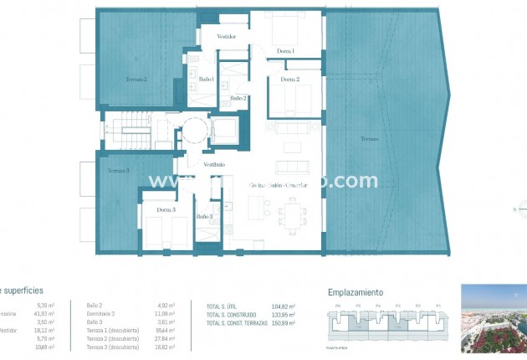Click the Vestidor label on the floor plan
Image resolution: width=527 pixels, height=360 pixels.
coord(226,37)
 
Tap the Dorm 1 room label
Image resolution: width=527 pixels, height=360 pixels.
coord(286,52)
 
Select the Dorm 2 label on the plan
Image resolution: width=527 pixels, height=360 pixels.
coord(289,80)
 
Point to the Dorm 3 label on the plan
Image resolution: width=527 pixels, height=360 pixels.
coord(166,209)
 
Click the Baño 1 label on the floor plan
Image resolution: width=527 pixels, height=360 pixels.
coord(207,80)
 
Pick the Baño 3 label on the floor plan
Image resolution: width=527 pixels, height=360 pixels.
coord(205,217)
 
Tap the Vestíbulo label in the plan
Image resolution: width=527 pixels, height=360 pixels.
coord(213,165)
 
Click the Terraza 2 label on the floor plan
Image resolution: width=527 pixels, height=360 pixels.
coord(136,80)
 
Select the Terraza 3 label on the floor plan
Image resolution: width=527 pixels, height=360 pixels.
coord(118,171)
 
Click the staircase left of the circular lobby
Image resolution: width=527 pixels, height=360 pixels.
coord(131,131)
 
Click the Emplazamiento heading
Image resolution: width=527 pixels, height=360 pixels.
coord(355,292)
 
